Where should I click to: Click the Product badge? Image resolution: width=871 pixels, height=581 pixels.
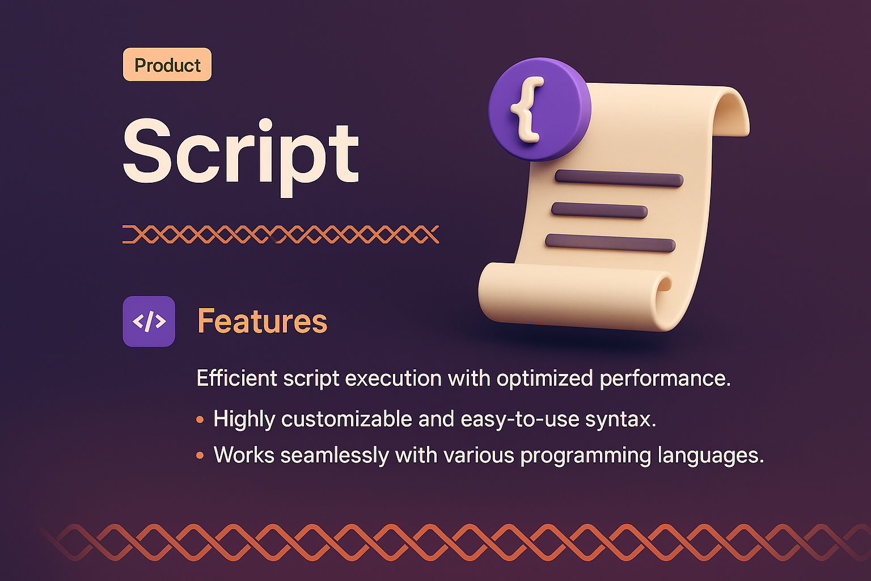(x=167, y=65)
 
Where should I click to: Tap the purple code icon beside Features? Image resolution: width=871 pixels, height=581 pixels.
(x=149, y=321)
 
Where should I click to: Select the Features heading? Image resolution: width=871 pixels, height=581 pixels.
(x=262, y=321)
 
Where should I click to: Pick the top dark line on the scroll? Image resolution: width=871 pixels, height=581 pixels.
(x=619, y=179)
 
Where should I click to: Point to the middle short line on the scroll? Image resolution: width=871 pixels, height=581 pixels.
(x=599, y=210)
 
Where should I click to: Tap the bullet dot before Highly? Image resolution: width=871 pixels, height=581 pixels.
(x=200, y=420)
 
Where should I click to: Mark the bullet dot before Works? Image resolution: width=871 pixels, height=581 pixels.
(x=200, y=456)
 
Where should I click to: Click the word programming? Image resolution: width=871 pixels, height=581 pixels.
(x=586, y=456)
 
